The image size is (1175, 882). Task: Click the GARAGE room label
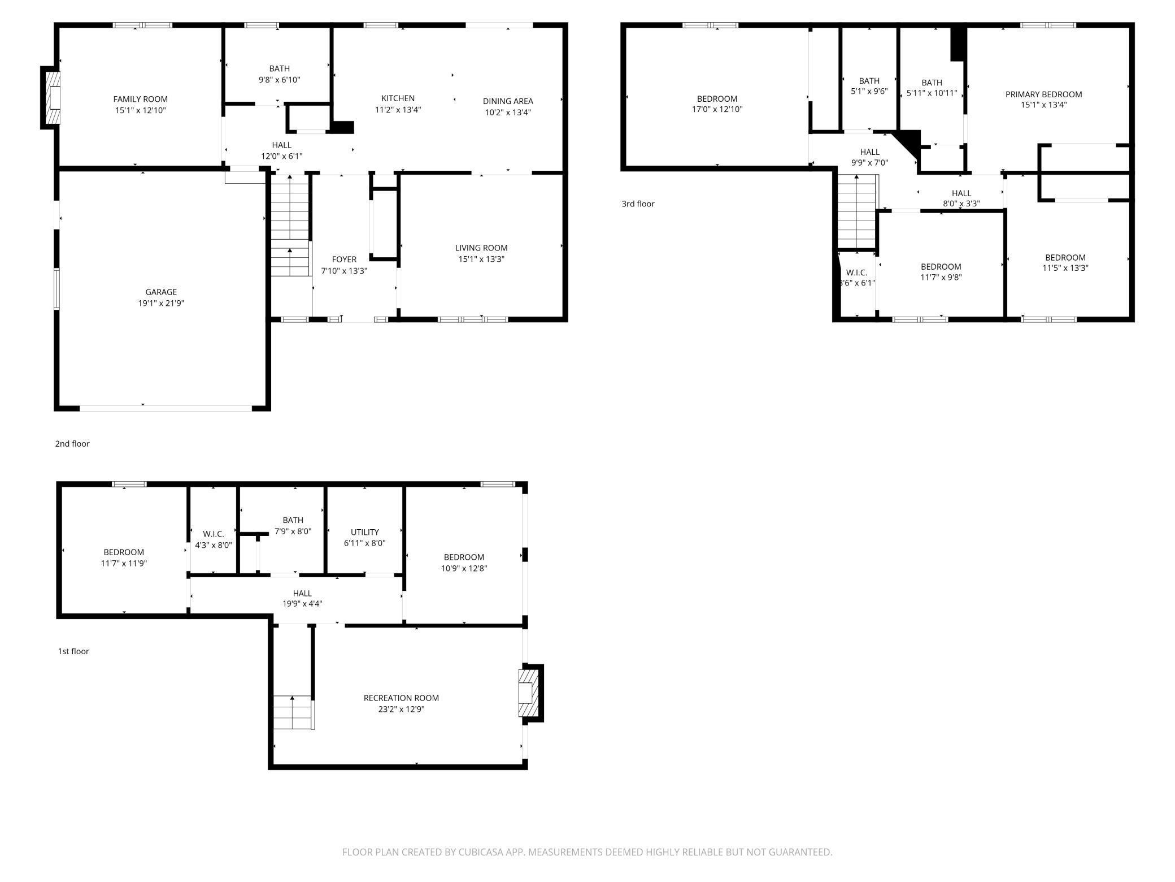coord(161,292)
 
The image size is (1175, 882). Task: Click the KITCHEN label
coord(398,98)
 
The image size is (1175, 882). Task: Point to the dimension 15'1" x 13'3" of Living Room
coord(481,259)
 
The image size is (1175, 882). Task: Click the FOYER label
coord(344,260)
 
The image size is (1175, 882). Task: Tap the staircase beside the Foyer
coord(290,226)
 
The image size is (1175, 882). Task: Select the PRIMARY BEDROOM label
coord(1043,94)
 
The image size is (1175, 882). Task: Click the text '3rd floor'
coord(638,204)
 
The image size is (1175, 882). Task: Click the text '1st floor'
coord(73,651)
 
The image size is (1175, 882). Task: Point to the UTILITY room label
coord(364,532)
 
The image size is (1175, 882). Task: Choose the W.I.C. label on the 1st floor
coord(214,534)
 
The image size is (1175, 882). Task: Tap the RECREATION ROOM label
coord(401,698)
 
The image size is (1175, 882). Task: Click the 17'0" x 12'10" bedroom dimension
coord(717,109)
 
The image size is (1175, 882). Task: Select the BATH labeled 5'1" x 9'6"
coord(869,81)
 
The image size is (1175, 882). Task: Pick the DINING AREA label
coord(507,101)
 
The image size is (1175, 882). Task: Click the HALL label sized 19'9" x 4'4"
coord(302,593)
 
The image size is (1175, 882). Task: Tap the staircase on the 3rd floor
coord(856,212)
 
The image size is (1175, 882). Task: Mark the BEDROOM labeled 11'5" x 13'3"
coord(1065,257)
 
